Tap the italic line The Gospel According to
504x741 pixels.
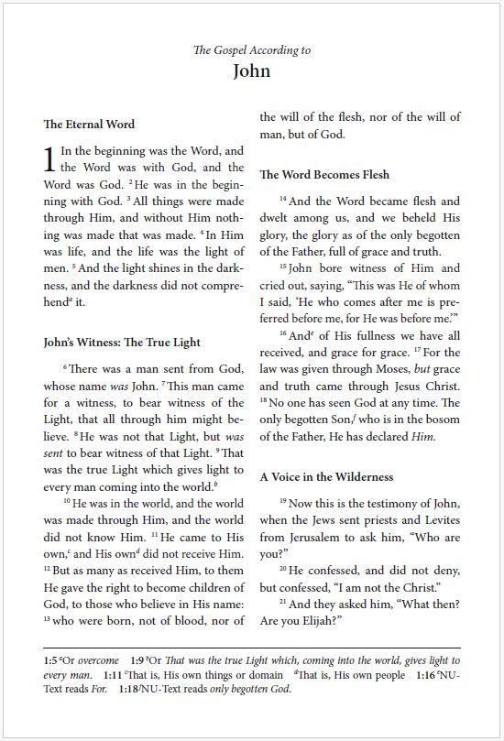pyautogui.click(x=252, y=49)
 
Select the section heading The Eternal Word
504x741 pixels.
pyautogui.click(x=89, y=124)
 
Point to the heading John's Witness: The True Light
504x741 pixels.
pyautogui.click(x=122, y=342)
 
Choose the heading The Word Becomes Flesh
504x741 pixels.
pyautogui.click(x=324, y=174)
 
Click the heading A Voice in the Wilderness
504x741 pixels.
pyautogui.click(x=326, y=476)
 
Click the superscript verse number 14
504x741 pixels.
pyautogui.click(x=283, y=199)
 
